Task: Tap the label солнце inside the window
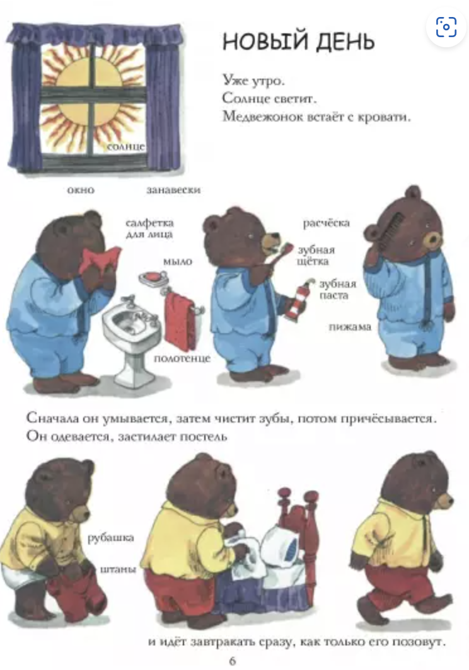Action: pos(126,147)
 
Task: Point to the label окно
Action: pos(81,190)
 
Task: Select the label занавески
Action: pos(173,190)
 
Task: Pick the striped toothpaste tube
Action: pos(297,300)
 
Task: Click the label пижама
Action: pos(350,327)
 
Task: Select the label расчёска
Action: pos(326,223)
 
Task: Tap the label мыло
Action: pos(178,261)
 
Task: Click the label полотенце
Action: pos(182,358)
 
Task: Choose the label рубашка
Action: pos(111,538)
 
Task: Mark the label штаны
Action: pos(118,569)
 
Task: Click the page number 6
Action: pos(233,661)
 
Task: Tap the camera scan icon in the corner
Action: pos(446,27)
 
